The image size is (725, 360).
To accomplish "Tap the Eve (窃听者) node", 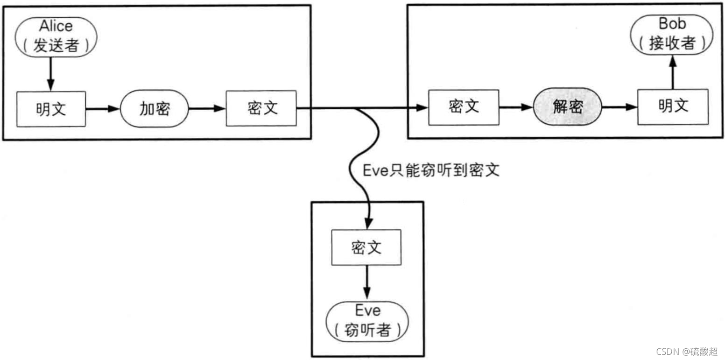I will (367, 321).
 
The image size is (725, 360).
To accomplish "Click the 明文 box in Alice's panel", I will (51, 109).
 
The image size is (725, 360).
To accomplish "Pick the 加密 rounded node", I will (155, 109).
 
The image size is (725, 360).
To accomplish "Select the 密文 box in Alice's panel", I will (261, 108).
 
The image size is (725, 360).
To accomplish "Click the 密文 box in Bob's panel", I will (464, 107).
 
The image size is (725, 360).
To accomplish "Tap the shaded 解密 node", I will (568, 107).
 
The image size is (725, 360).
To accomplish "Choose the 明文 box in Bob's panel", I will (673, 107).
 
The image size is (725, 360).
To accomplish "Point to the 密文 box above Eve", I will (366, 247).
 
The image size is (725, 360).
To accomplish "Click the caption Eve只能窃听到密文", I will (431, 170).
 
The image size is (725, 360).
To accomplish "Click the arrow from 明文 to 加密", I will (103, 109).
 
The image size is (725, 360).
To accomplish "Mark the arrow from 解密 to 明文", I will (619, 107).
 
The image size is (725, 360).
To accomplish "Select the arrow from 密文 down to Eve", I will (366, 283).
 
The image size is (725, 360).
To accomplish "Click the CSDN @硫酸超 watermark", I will (686, 351).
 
